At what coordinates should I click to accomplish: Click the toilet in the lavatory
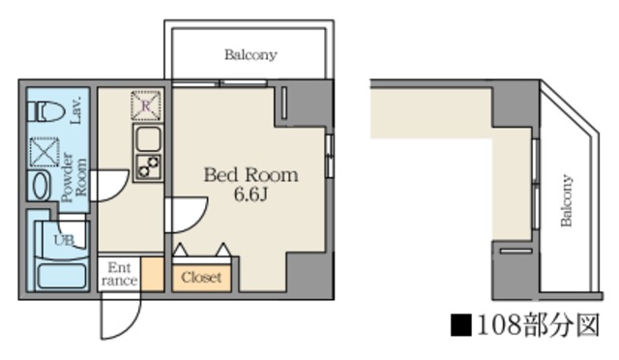click(x=45, y=112)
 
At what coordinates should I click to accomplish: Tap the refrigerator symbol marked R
click(x=146, y=105)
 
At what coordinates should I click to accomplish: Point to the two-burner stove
click(x=148, y=166)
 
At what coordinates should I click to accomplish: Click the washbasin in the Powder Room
click(x=40, y=186)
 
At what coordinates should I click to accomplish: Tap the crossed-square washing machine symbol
click(x=44, y=152)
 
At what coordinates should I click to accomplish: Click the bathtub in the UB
click(x=62, y=276)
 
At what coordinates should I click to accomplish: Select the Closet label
click(x=201, y=278)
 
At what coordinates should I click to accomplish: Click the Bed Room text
click(x=251, y=174)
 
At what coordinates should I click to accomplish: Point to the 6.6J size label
click(x=251, y=195)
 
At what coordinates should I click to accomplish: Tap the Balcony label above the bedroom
click(x=251, y=54)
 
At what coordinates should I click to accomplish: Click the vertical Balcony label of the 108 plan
click(x=567, y=200)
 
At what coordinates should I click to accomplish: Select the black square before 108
click(x=461, y=325)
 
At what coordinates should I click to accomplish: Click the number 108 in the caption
click(x=499, y=325)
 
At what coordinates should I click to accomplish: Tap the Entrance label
click(x=119, y=274)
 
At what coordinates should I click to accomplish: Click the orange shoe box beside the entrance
click(x=153, y=274)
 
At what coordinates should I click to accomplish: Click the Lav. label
click(x=76, y=110)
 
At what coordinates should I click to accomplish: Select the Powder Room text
click(x=74, y=177)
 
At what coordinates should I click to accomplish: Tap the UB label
click(x=64, y=240)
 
